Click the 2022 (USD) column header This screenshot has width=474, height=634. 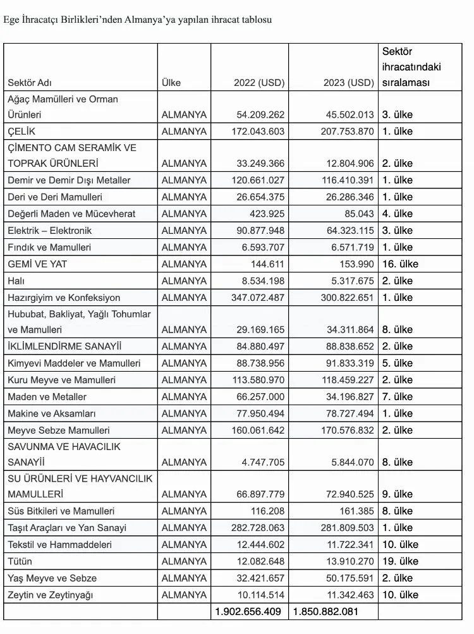tap(259, 83)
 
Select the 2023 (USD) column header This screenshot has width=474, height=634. tap(349, 83)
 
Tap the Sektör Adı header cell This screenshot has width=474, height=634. tap(29, 83)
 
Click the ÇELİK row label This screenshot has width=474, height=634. tap(21, 131)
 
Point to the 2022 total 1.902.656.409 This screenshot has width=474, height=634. tap(248, 611)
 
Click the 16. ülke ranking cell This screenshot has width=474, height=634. tap(400, 264)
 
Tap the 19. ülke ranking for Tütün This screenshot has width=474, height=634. tap(400, 561)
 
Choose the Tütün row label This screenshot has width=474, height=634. tap(20, 561)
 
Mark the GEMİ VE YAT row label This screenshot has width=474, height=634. tap(37, 264)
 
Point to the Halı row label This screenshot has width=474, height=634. tap(16, 281)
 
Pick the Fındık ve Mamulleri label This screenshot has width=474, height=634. tap(49, 247)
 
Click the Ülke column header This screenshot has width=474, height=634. tap(171, 83)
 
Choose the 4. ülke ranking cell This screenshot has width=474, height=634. tap(397, 214)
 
